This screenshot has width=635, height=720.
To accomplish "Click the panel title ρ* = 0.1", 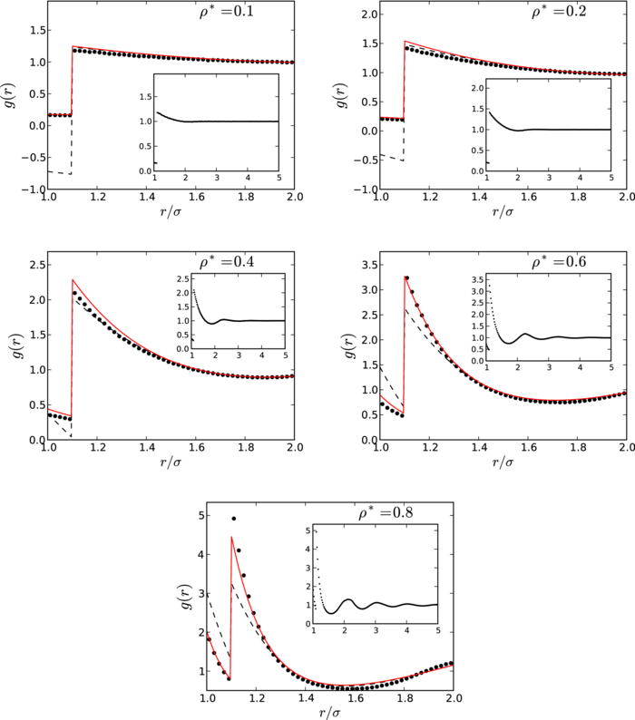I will [209, 15].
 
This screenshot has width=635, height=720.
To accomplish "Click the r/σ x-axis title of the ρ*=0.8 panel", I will [330, 713].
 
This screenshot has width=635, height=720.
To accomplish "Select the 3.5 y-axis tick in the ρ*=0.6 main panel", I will [365, 265].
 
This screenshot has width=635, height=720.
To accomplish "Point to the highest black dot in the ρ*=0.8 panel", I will [234, 519].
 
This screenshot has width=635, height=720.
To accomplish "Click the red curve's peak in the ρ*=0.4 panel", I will [73, 280].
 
